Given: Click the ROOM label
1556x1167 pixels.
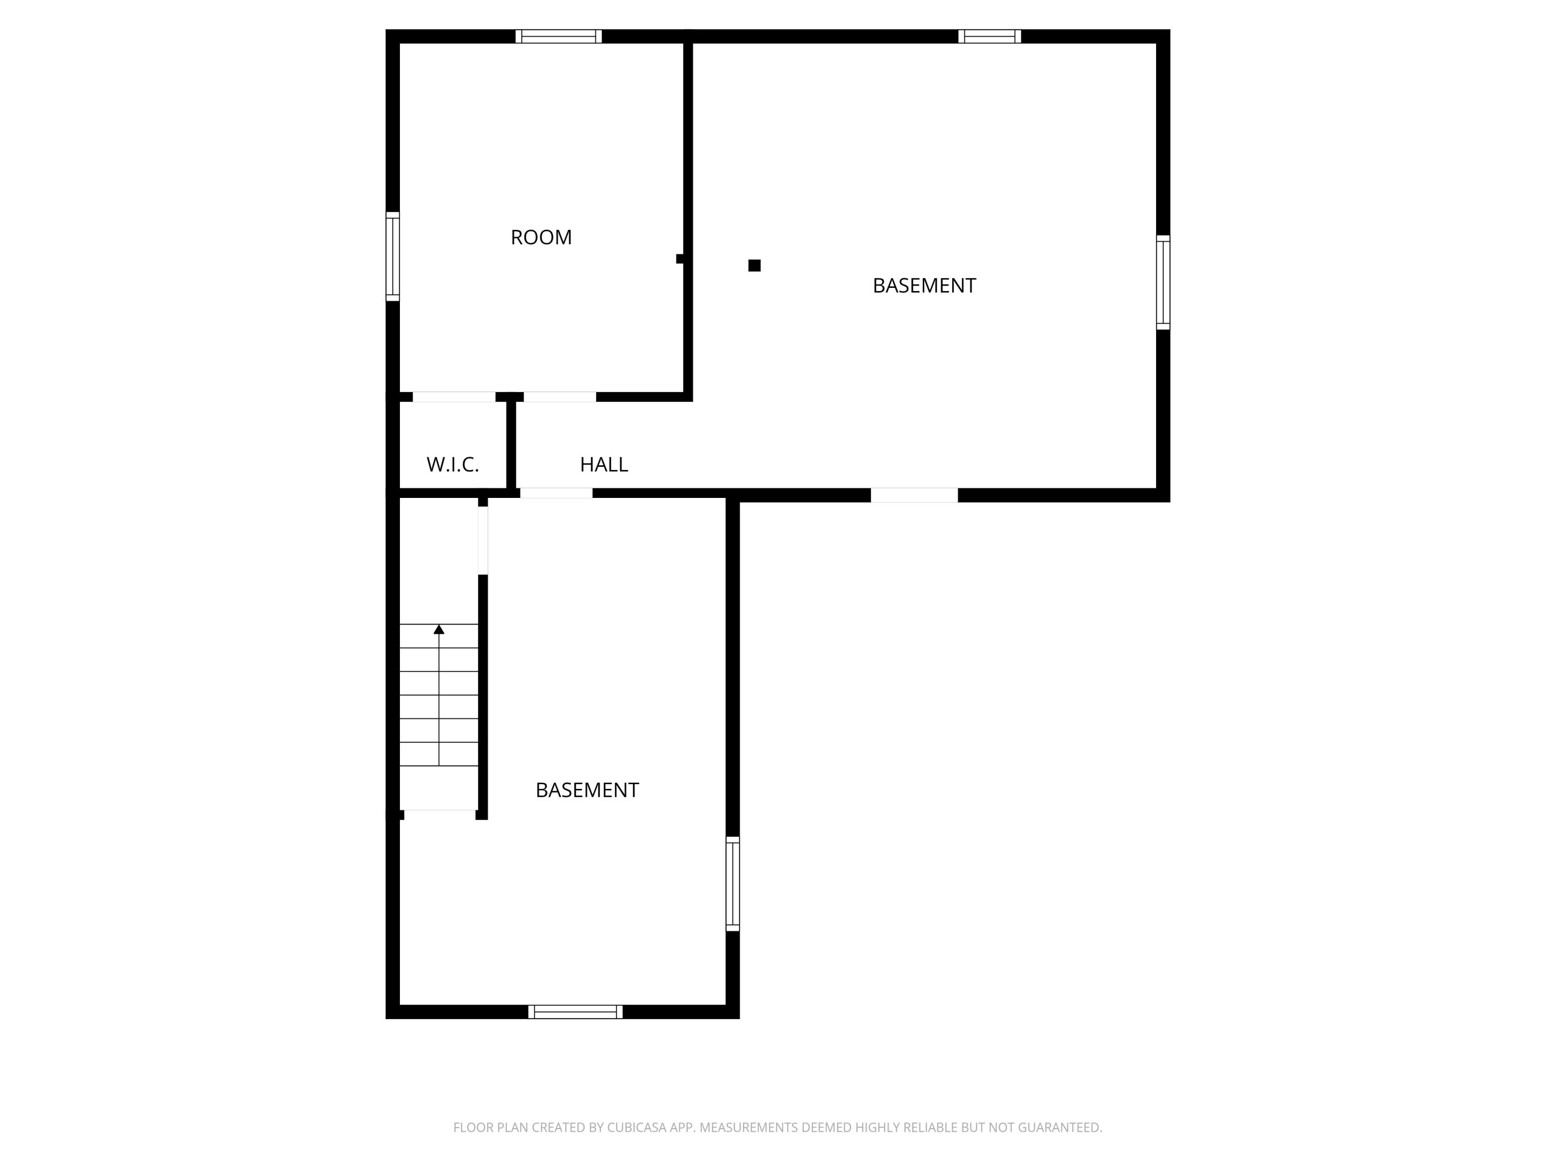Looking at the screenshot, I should click(541, 238).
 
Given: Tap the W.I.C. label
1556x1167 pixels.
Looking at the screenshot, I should click(452, 464).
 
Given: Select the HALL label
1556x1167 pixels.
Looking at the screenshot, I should click(604, 464).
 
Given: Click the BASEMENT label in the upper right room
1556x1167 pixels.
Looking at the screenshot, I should click(924, 286).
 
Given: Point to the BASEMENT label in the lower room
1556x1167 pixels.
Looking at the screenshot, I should click(587, 790).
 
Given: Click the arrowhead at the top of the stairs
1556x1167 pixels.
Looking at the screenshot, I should click(439, 629).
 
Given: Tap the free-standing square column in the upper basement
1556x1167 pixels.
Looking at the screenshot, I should click(754, 265).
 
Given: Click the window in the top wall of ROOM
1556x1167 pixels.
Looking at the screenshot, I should click(559, 37).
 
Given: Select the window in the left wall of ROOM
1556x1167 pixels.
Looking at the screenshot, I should click(393, 257).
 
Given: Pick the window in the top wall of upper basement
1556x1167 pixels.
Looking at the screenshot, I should click(989, 37).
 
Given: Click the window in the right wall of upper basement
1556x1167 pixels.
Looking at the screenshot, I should click(1163, 282).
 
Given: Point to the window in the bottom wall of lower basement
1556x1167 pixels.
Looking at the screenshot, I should click(575, 1011).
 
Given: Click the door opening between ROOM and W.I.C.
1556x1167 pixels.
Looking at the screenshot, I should click(454, 397).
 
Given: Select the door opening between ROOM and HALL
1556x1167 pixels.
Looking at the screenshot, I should click(560, 397).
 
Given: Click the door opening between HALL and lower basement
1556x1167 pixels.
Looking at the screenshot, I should click(555, 493).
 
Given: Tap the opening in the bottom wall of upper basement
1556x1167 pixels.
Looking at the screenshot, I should click(914, 495).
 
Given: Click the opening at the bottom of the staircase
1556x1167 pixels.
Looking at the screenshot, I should click(440, 815).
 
